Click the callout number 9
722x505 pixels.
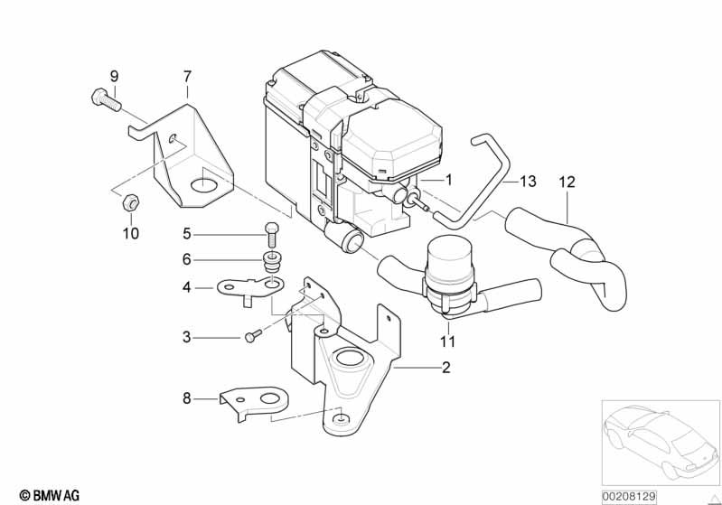(x=114, y=76)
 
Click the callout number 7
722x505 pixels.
(x=187, y=77)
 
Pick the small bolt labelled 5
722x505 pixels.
(x=271, y=234)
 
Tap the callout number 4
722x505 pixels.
(x=186, y=287)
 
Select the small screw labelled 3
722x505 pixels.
(x=253, y=335)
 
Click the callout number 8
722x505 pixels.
(x=186, y=398)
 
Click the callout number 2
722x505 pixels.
(x=445, y=368)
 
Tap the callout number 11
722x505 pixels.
(x=447, y=341)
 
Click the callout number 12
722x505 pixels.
(x=567, y=182)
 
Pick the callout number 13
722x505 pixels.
(x=528, y=182)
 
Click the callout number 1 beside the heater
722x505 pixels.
(x=449, y=180)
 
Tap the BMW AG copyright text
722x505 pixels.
(x=50, y=495)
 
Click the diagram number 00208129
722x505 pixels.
(x=629, y=497)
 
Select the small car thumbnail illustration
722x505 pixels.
(x=661, y=442)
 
